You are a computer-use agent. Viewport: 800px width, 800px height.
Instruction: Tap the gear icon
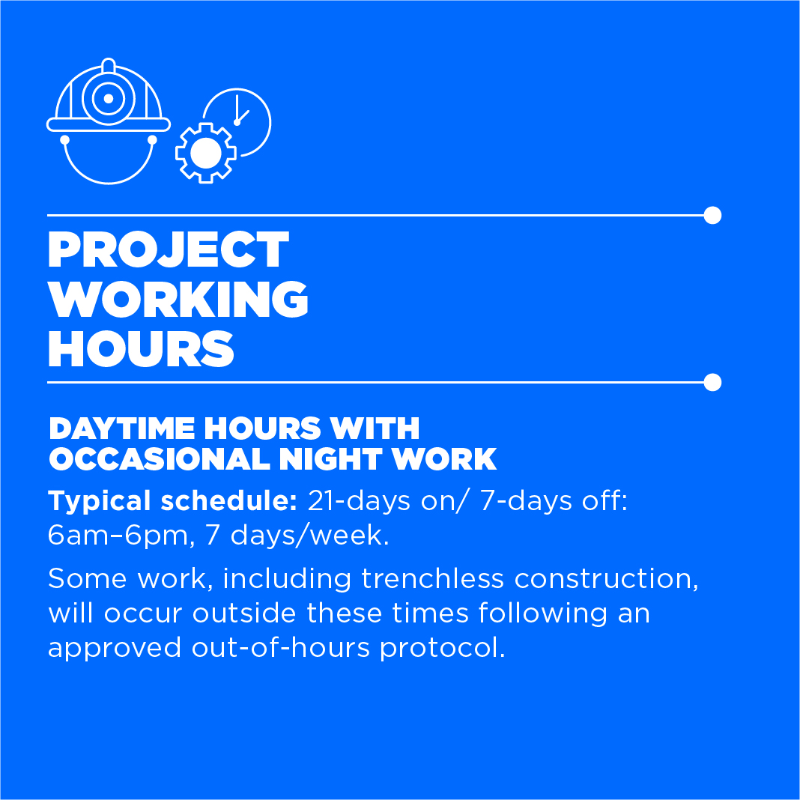[x=205, y=153]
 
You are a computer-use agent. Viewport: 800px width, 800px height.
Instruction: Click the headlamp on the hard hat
[x=108, y=98]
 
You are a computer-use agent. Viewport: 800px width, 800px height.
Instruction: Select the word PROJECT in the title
[x=169, y=249]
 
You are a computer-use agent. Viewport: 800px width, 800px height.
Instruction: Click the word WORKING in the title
[x=178, y=299]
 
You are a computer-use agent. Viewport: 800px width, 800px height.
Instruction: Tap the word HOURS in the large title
[x=141, y=349]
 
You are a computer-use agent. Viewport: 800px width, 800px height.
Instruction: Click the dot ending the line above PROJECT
[x=712, y=215]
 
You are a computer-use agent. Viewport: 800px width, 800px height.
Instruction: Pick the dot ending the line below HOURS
[x=712, y=382]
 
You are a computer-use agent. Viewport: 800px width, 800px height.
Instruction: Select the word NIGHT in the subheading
[x=330, y=458]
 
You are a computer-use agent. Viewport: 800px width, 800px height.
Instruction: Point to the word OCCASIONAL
[x=160, y=458]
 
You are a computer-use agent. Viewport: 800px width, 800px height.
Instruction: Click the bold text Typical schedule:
[x=172, y=502]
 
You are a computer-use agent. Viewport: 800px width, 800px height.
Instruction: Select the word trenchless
[x=433, y=578]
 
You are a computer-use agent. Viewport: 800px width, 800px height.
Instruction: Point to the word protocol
[x=443, y=649]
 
